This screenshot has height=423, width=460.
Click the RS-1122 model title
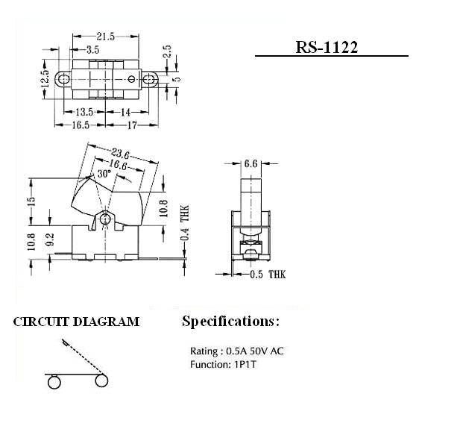(x=327, y=47)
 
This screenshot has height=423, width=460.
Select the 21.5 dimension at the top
(x=106, y=37)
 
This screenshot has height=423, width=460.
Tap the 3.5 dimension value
(x=93, y=50)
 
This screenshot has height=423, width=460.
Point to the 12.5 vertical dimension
(x=45, y=79)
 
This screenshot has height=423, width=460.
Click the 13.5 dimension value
(x=84, y=112)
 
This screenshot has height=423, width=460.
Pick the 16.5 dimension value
(x=81, y=125)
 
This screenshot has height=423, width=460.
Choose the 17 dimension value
(x=132, y=125)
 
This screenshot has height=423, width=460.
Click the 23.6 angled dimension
(x=120, y=154)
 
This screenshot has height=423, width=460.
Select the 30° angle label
(x=104, y=174)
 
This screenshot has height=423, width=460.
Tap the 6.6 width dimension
(x=251, y=164)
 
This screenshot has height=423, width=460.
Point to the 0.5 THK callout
(x=268, y=275)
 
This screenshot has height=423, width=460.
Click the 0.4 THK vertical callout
(x=185, y=222)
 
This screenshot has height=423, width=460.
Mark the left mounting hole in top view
(x=63, y=79)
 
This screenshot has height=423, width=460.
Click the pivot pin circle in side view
(x=104, y=219)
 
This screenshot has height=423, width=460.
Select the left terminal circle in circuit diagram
(x=54, y=382)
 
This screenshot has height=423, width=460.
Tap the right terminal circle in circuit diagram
(x=101, y=380)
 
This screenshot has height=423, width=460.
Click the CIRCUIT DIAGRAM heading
(x=76, y=322)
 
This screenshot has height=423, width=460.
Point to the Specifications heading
(x=230, y=322)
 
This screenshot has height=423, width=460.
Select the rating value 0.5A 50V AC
(x=255, y=351)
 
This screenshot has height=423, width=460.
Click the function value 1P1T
(x=245, y=365)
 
